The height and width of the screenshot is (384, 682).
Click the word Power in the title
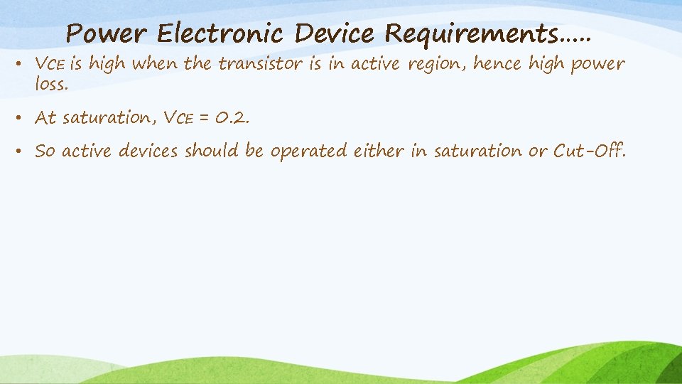(x=107, y=33)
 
